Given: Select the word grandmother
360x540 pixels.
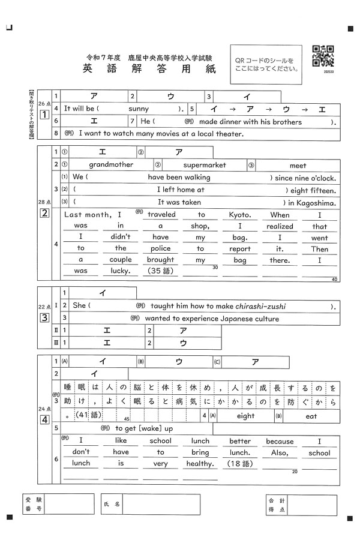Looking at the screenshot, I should (x=111, y=165).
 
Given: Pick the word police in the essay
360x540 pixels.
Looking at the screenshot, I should (x=160, y=249).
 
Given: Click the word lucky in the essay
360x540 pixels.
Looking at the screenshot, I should (x=120, y=271).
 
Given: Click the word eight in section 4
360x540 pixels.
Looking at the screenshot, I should (x=245, y=416).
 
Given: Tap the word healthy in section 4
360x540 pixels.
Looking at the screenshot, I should (x=200, y=463).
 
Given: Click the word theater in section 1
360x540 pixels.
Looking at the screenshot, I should (x=223, y=134).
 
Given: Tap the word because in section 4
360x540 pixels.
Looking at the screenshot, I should (x=280, y=441).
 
